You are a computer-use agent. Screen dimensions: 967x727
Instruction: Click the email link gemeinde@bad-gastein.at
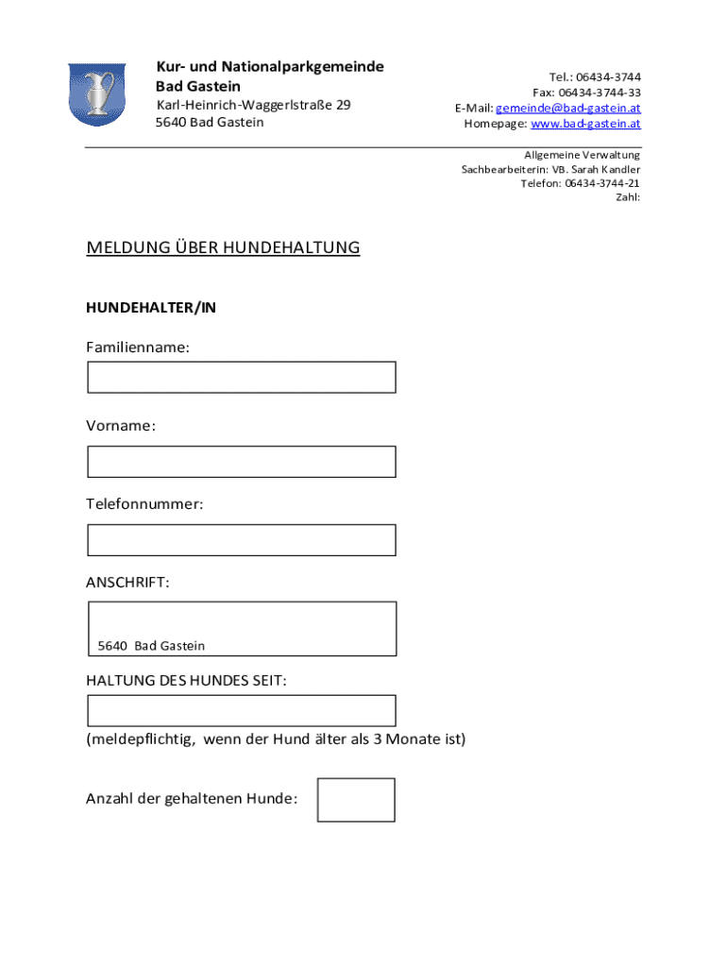pos(568,108)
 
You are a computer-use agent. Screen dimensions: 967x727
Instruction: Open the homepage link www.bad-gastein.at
pos(585,124)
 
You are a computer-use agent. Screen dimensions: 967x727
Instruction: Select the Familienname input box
pos(242,377)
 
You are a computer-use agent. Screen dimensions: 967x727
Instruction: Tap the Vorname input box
pos(242,462)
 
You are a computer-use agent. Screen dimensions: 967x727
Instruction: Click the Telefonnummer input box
pos(242,540)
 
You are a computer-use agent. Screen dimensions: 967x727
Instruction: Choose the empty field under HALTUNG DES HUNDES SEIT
pos(242,710)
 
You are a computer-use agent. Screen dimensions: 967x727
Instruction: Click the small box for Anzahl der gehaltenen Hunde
pos(356,800)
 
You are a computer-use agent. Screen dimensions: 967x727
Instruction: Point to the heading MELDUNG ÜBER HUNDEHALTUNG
pos(223,248)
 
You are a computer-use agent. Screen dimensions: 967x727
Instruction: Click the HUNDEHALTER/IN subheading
pos(151,308)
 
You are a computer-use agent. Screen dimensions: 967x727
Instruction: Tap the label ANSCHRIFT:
pos(128,583)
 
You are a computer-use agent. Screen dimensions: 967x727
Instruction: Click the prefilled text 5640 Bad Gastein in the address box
pos(151,646)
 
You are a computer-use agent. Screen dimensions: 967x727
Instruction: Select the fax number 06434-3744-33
pos(600,93)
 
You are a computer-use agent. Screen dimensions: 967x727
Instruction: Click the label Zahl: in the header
pos(628,197)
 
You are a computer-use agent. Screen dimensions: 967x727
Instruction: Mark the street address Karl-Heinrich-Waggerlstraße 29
pos(253,105)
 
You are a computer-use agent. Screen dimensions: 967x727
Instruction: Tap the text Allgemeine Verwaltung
pos(583,155)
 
